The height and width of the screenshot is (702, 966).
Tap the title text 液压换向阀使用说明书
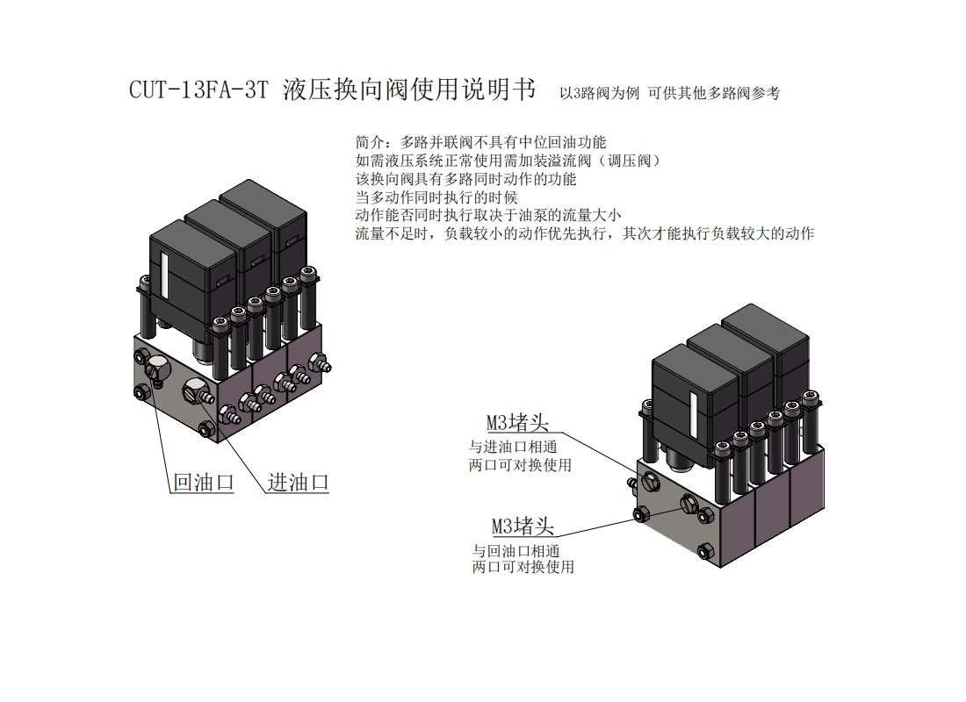409,90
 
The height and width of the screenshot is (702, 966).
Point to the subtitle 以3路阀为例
597,93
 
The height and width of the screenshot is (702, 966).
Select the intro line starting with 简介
480,141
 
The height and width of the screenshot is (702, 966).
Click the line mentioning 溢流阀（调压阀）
508,161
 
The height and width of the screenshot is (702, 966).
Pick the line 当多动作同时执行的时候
436,197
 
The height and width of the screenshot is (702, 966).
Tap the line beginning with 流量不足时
584,234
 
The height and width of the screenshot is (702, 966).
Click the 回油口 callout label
203,482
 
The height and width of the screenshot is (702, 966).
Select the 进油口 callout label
298,482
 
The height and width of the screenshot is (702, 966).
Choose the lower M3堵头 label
523,526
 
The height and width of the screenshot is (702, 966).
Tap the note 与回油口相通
516,551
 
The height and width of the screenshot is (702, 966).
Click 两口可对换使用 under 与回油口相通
523,567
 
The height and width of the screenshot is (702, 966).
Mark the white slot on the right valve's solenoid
693,412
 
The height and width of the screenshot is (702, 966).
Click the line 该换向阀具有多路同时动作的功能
465,179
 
